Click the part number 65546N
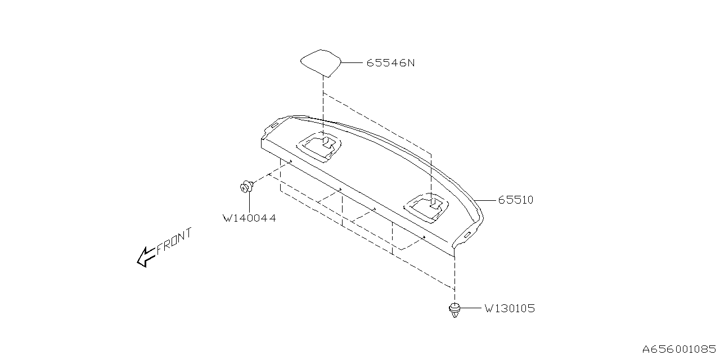pos(390,63)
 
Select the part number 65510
pos(515,200)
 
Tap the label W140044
pos(249,218)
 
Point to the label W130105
pos(509,308)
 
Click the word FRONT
pos(174,241)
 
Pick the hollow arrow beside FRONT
pos(146,256)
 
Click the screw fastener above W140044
pos(246,186)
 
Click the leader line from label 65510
pos(485,200)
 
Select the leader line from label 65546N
pos(352,63)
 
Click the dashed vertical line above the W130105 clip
pos(454,278)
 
